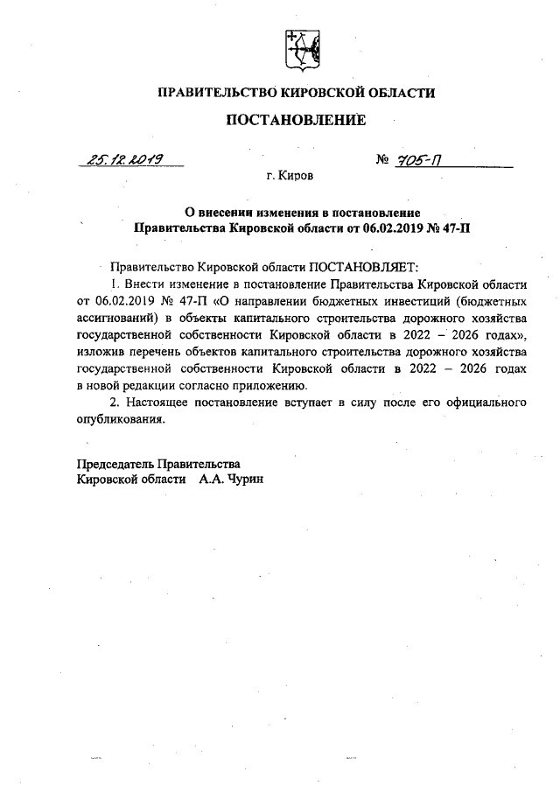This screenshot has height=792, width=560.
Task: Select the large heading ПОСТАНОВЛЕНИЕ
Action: coord(296,121)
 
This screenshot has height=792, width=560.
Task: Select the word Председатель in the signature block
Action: coord(116,463)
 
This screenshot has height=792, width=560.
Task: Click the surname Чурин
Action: coord(245,480)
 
